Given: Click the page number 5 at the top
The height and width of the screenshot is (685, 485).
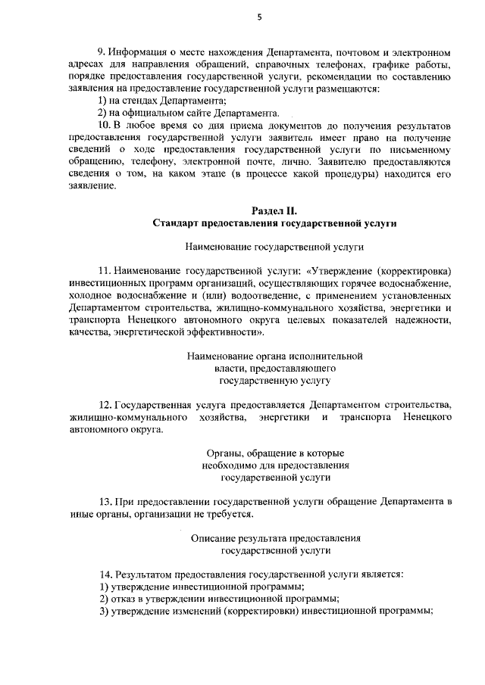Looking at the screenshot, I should coord(258,17).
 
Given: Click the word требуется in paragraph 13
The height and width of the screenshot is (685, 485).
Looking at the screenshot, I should coord(228,515).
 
